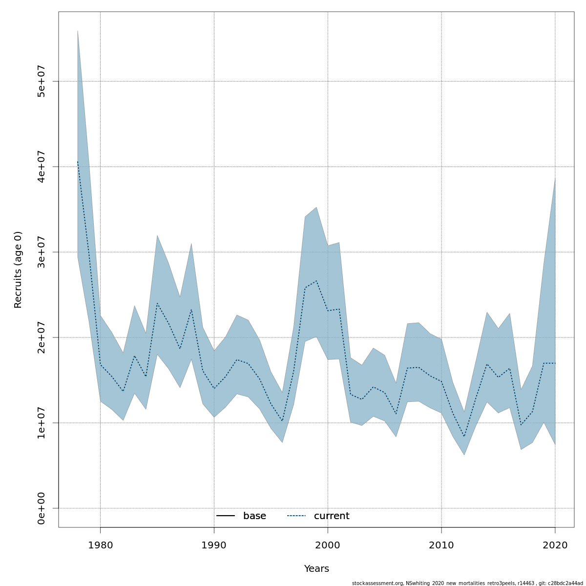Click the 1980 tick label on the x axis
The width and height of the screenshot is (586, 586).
tap(100, 545)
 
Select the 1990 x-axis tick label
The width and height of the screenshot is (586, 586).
tap(214, 545)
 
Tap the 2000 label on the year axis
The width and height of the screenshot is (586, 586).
tap(328, 545)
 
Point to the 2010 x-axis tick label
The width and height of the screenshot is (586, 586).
tap(441, 545)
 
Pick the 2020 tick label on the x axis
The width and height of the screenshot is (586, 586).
tap(555, 545)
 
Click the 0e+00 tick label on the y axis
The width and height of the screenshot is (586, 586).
tap(42, 508)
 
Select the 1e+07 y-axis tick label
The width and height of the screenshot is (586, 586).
tap(42, 423)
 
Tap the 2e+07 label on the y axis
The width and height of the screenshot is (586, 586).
tap(42, 337)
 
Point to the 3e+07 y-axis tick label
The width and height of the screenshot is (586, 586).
tap(42, 252)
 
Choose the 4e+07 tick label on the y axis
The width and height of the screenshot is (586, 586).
tap(42, 167)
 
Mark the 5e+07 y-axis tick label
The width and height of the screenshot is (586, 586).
tap(42, 81)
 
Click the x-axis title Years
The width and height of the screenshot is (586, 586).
tap(316, 569)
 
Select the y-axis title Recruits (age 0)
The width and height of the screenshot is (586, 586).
tap(18, 270)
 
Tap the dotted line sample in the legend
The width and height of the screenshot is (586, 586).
tap(296, 516)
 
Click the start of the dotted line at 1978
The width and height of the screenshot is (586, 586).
tap(78, 162)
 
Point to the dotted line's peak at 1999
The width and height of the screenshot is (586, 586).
tap(316, 281)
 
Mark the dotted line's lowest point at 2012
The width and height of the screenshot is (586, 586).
tap(464, 437)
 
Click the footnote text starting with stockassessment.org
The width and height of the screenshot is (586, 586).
tap(467, 583)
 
